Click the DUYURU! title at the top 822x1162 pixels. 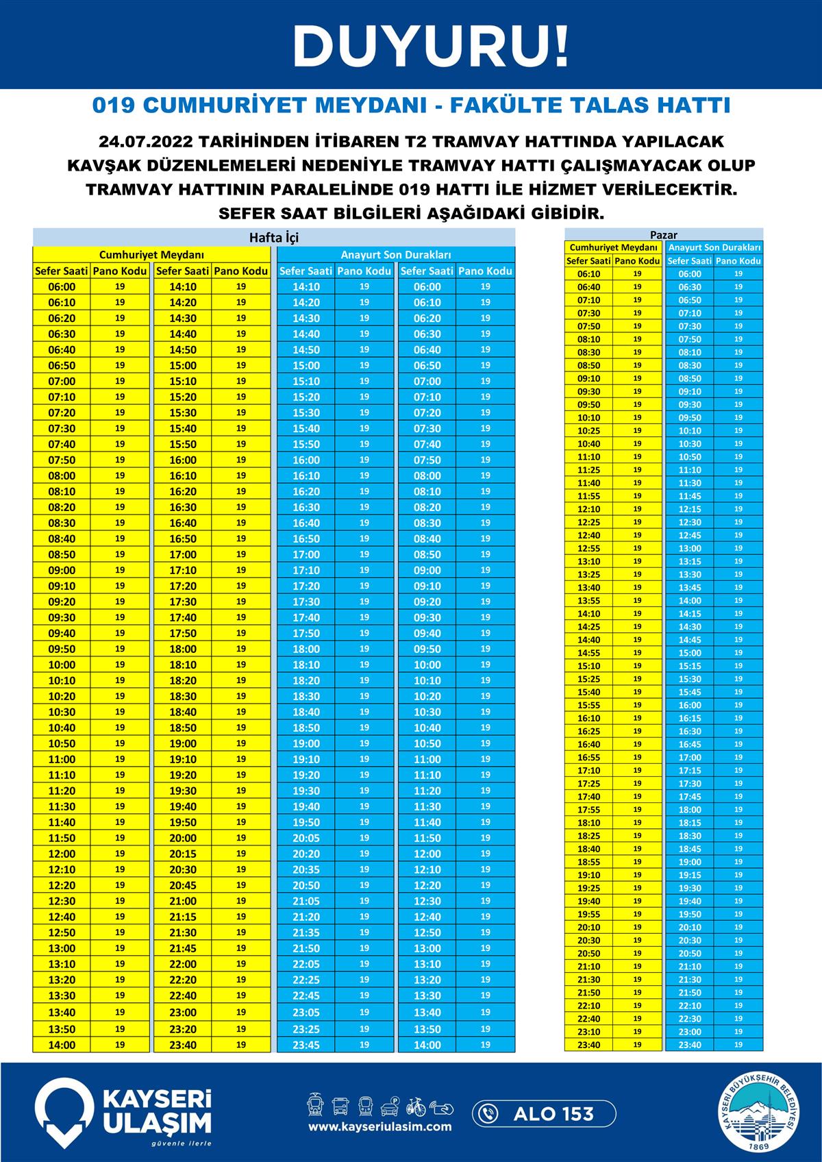tap(431, 46)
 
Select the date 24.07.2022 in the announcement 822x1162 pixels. tap(141, 142)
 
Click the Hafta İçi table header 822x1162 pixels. tap(274, 238)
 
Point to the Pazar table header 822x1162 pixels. tap(663, 235)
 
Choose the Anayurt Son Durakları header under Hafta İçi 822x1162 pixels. tap(395, 255)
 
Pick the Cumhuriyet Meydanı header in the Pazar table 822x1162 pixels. tap(613, 247)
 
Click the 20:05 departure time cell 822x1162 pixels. tap(306, 838)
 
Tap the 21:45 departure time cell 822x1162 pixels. tap(183, 948)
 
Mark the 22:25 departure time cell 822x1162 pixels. tap(306, 980)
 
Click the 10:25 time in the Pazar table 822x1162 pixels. tap(589, 431)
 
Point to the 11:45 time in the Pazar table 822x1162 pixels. tap(690, 496)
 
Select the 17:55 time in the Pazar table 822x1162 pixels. tap(589, 810)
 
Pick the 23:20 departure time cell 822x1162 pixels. tap(183, 1029)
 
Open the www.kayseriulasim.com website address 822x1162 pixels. tap(379, 1126)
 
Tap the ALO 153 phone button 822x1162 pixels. tap(544, 1114)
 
